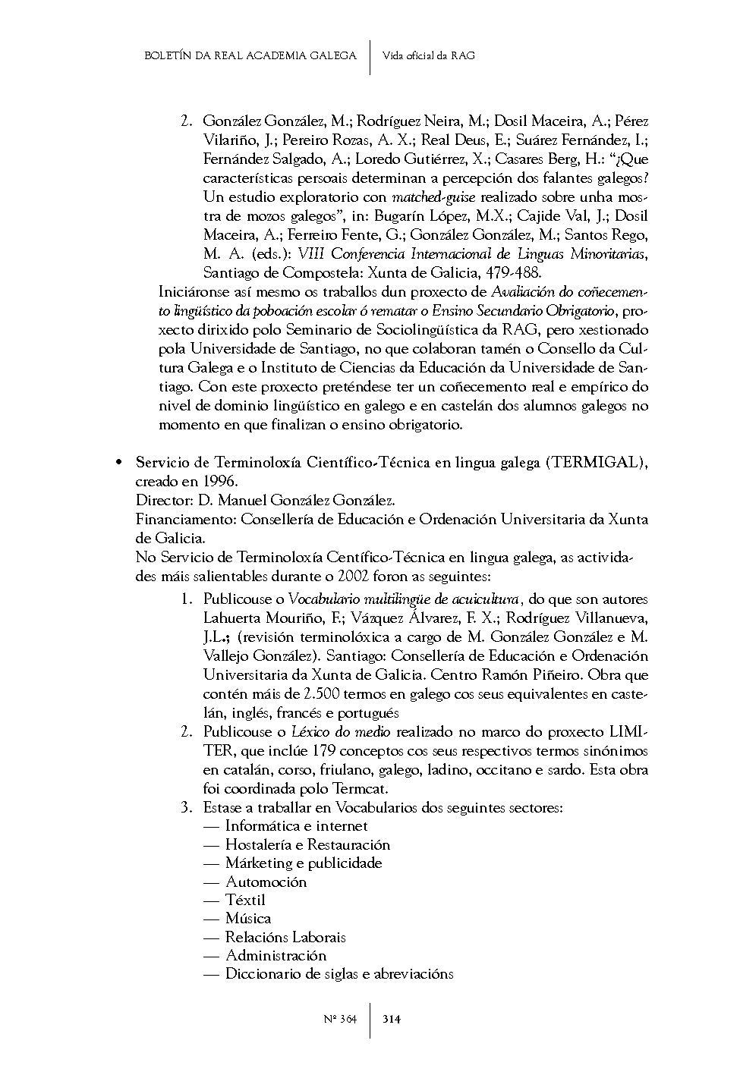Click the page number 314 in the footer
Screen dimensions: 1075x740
392,1019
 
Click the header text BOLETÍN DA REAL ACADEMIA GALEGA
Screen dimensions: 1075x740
250,55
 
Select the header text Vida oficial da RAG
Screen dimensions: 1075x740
429,55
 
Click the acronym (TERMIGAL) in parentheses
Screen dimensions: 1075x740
597,463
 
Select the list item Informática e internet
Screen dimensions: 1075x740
296,825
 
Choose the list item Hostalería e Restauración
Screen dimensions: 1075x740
307,844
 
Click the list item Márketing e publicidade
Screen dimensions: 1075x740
304,863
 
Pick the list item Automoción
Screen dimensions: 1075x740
266,882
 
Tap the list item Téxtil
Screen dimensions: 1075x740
245,900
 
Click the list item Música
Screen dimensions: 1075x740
248,919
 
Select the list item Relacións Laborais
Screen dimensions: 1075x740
285,937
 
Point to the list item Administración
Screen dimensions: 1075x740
276,955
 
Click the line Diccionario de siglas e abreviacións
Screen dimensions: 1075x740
339,974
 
